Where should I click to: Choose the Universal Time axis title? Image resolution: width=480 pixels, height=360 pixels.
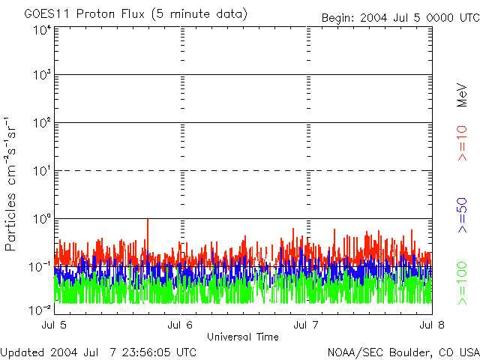[x=242, y=337]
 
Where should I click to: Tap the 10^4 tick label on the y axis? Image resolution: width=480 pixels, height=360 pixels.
[x=42, y=31]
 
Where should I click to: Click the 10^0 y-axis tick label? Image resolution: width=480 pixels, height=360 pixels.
[x=42, y=220]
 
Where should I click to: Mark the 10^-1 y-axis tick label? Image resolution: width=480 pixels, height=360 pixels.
[x=40, y=266]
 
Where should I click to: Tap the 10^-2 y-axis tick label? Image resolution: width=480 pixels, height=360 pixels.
[x=40, y=309]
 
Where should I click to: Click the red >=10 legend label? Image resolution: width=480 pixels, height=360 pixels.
[x=463, y=143]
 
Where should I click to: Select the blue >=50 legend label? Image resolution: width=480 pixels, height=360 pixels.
[x=463, y=216]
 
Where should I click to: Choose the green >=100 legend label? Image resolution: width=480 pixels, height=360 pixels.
[x=463, y=283]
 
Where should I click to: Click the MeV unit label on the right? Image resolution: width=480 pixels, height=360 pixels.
[x=463, y=95]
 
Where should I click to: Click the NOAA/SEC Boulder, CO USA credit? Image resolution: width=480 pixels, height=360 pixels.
[x=403, y=352]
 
